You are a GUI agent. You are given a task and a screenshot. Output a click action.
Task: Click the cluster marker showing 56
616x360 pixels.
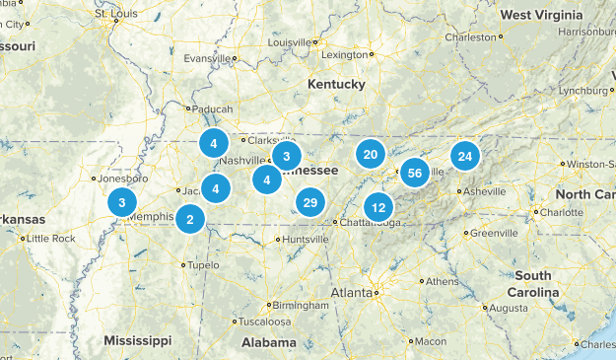(415, 172)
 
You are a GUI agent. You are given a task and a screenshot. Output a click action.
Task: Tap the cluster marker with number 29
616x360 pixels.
(309, 202)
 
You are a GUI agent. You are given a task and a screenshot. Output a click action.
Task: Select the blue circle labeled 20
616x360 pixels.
(371, 154)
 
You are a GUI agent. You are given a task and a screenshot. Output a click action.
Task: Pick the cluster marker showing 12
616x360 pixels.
(378, 207)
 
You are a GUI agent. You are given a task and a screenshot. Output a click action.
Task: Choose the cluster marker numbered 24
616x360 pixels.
(465, 156)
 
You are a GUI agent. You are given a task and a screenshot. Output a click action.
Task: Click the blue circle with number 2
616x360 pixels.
(190, 219)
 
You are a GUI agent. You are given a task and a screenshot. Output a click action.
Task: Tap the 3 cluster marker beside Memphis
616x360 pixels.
(121, 203)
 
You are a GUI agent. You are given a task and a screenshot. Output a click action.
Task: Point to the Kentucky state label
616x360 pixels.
(336, 85)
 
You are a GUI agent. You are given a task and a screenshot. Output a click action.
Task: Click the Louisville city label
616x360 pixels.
(289, 43)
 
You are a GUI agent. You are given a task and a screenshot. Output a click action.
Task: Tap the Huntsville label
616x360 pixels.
(305, 239)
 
